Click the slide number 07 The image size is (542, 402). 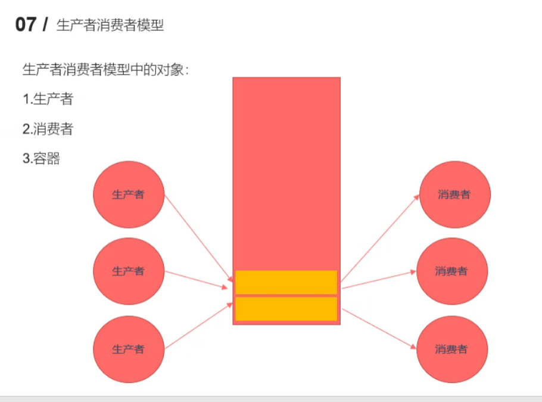point(26,26)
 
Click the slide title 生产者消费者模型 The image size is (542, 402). point(110,26)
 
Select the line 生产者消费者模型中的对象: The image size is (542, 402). point(106,69)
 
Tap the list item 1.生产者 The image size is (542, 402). point(48,99)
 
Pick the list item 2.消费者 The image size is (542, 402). point(48,129)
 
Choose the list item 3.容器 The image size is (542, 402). point(41,159)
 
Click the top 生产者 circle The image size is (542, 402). point(128,194)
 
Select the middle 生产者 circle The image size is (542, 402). point(128,271)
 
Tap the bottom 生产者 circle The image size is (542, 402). point(128,349)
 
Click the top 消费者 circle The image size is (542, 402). point(454,194)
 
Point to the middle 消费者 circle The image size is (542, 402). point(452,271)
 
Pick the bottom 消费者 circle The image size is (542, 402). point(452,349)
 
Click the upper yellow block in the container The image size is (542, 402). point(286,282)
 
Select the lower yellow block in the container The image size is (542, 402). point(286,309)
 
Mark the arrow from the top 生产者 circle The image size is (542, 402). point(198,237)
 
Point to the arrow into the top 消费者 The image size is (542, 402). point(380,237)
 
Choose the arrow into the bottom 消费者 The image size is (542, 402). point(379,328)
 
